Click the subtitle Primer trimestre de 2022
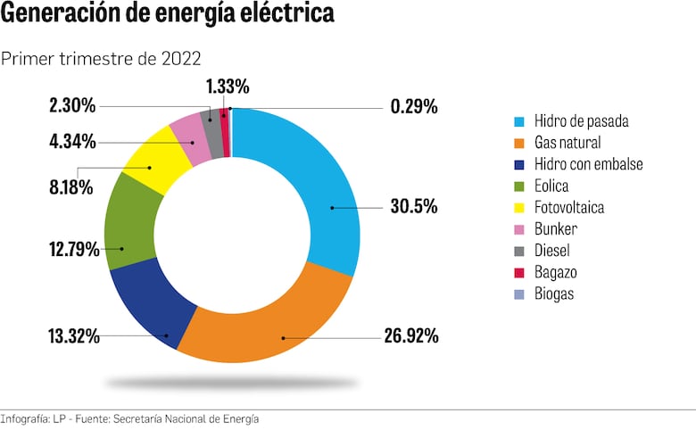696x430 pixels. [101, 59]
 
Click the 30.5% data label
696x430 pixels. [413, 206]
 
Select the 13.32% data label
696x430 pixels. [73, 336]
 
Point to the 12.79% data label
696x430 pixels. [73, 249]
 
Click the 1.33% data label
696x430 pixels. [227, 86]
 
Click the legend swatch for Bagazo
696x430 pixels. [518, 272]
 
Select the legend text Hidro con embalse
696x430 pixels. [588, 164]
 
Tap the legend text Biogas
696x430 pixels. [554, 294]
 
